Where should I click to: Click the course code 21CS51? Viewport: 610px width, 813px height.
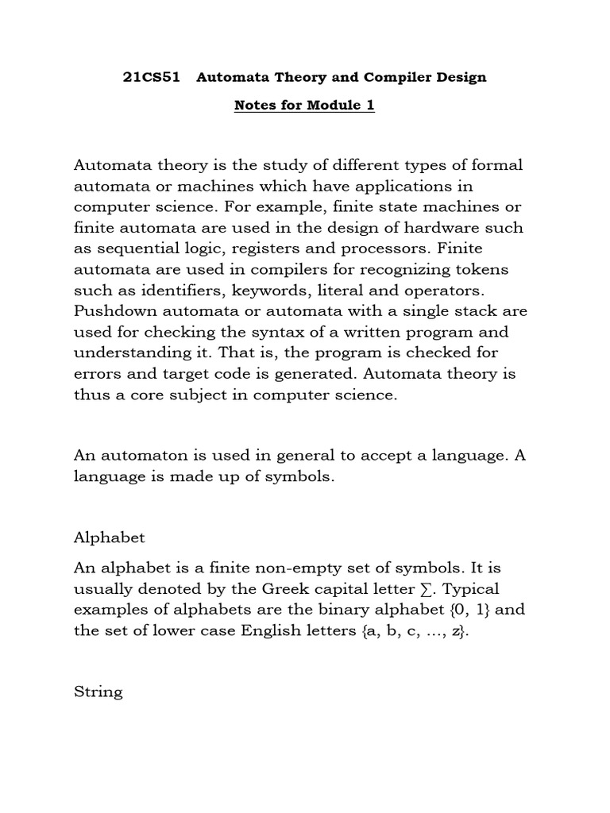[147, 78]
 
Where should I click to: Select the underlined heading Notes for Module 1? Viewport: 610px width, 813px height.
[304, 106]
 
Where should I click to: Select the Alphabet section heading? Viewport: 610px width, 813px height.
[110, 538]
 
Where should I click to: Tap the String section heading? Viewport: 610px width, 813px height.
[98, 692]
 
